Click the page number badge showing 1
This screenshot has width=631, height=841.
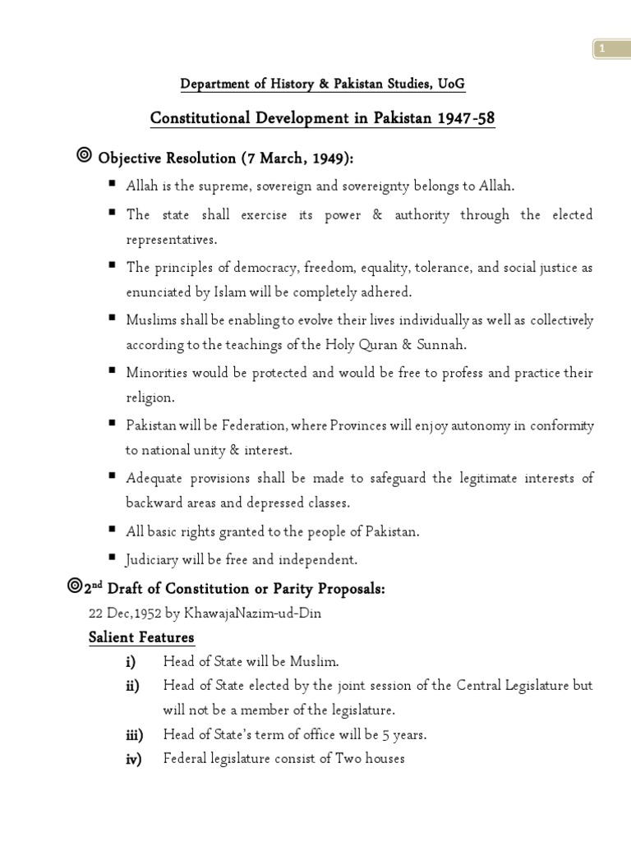[x=602, y=49]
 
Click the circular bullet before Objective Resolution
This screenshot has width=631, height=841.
[x=83, y=155]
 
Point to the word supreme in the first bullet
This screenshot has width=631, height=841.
[x=207, y=186]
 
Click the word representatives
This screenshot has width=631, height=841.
[x=172, y=239]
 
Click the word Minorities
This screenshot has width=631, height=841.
[x=155, y=372]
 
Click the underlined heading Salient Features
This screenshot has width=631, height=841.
[x=141, y=637]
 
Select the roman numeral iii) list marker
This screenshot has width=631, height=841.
[x=134, y=735]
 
